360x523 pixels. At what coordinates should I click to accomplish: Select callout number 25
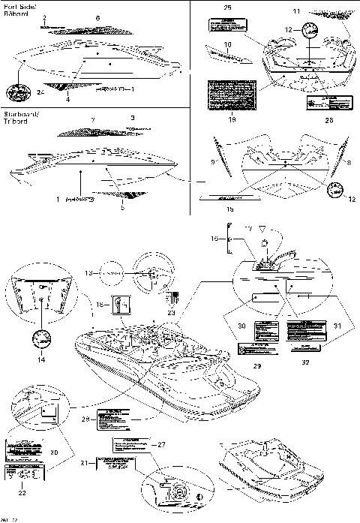pyautogui.click(x=228, y=7)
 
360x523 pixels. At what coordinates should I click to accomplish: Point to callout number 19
pyautogui.click(x=232, y=119)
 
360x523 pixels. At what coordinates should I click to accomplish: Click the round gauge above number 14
pyautogui.click(x=36, y=337)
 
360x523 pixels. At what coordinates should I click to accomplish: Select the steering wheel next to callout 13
pyautogui.click(x=148, y=277)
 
